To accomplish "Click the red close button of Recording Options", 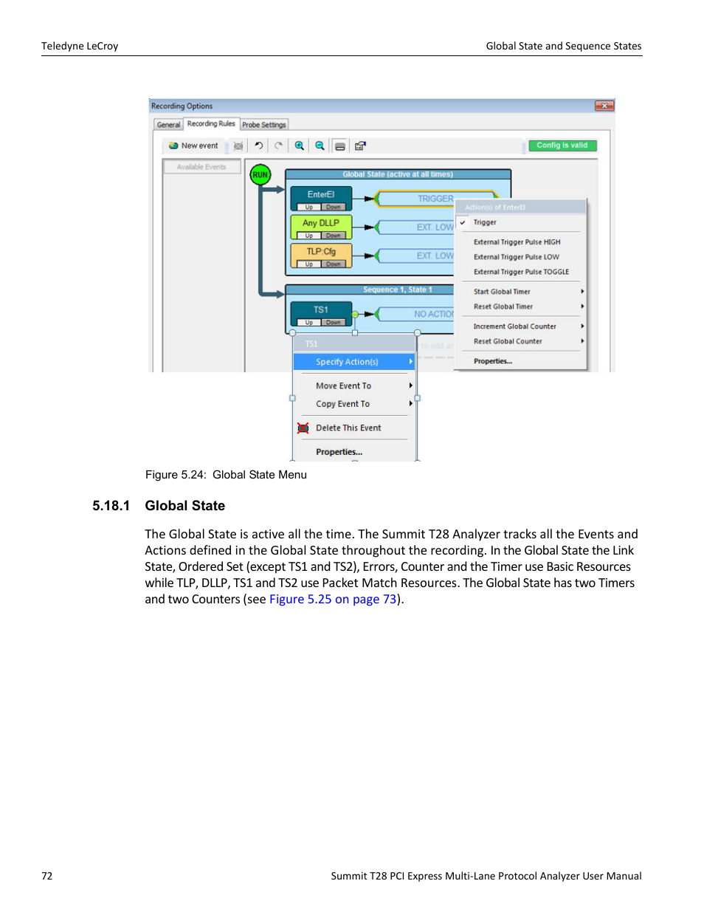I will click(604, 106).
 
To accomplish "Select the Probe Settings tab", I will click(263, 125).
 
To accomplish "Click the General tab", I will click(168, 125).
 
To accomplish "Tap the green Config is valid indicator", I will click(562, 145).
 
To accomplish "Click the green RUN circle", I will click(260, 175).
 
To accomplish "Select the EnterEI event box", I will click(321, 195).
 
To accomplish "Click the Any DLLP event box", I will click(321, 223).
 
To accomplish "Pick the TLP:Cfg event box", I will click(321, 252).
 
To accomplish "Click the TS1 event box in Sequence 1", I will click(321, 310).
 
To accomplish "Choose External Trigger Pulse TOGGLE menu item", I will click(521, 272).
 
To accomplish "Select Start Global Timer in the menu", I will click(502, 292).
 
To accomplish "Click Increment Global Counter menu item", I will click(514, 326).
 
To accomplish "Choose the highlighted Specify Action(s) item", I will click(347, 362).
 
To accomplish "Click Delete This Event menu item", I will click(348, 428).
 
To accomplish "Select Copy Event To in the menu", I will click(342, 404).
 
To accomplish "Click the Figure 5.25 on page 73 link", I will click(333, 599).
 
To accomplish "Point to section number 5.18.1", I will click(111, 506).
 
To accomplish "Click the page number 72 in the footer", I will click(47, 876).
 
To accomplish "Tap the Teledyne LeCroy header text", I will click(80, 46).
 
